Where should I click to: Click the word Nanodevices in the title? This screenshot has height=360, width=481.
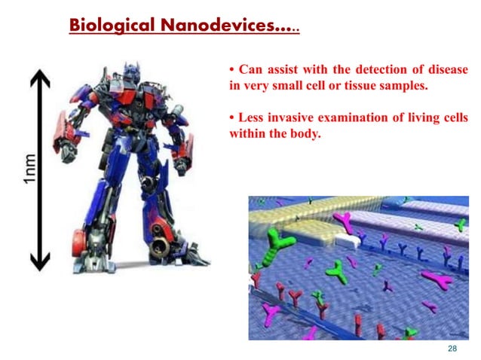coord(225,25)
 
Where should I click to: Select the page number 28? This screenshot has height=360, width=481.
coord(452,349)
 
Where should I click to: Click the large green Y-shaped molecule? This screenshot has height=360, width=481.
coord(283,241)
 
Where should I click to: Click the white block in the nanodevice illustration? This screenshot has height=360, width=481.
coord(348,241)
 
